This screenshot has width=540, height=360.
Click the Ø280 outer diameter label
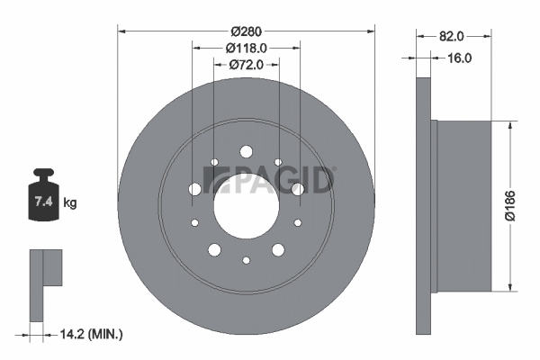point(247,31)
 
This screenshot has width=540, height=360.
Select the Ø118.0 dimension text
point(247,49)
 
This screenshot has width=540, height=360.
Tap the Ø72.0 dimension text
point(247,65)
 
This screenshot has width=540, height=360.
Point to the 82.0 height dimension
point(452,36)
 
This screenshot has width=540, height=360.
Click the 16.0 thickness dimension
point(459,58)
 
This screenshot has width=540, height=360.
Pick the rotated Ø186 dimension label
point(510,205)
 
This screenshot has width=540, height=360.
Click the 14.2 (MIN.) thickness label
point(91,334)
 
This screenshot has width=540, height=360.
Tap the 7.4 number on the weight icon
point(43,201)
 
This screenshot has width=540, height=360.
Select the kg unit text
point(70,202)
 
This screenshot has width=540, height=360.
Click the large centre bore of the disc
point(247,206)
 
